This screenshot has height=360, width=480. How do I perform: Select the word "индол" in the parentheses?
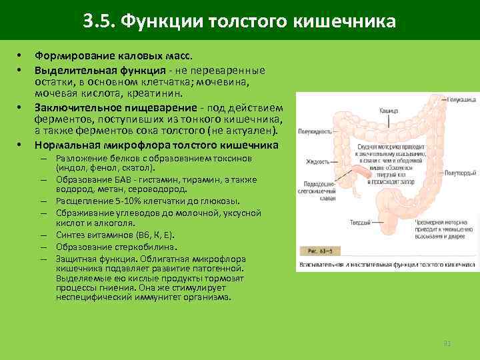point(72,169)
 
